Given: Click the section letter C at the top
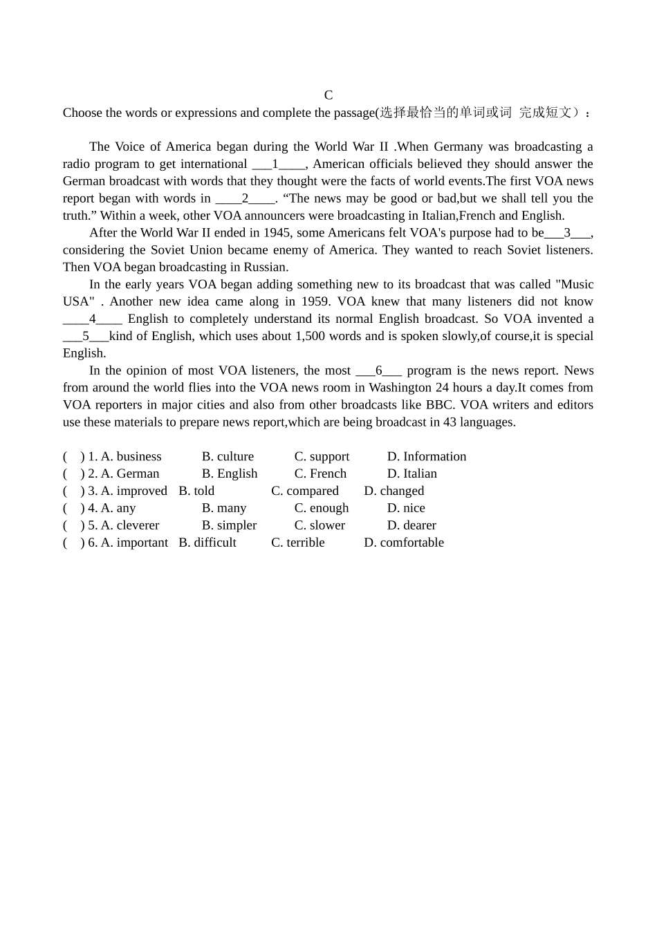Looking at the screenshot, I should pos(328,95).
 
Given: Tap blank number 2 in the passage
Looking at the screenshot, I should pos(246,198).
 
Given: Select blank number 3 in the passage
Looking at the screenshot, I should pos(568,233).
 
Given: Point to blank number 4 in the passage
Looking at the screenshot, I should pos(93,319).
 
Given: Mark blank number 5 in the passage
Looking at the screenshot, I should pos(86,336).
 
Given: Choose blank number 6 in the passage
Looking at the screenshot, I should pos(379,370).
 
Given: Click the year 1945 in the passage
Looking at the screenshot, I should pos(277,233).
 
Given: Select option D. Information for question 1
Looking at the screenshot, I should pos(427,456).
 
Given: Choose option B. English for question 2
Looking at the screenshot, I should pos(230,473).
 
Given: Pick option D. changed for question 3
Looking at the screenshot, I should pos(394,491).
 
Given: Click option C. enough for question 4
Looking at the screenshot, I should pos(322,508).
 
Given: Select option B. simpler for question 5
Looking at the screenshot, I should pos(229,525).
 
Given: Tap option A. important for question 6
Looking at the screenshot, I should pos(134,543).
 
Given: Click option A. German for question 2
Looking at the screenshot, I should pos(130,473).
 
